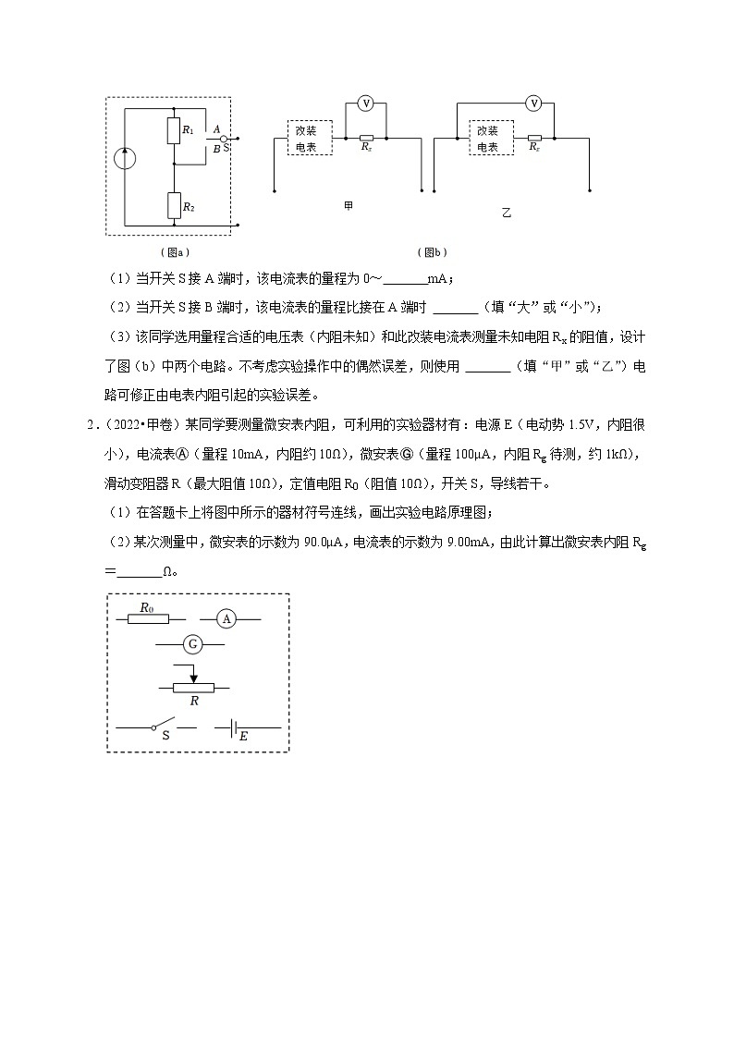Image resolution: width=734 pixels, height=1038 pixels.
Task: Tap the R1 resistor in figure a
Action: tap(173, 130)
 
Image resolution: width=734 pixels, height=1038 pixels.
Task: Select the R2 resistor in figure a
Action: tap(173, 205)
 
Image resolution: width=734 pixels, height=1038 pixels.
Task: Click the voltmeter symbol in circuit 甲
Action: tap(365, 104)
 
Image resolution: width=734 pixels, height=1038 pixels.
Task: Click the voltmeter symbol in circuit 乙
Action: tap(533, 104)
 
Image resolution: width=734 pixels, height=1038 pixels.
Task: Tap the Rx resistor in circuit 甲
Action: tap(366, 138)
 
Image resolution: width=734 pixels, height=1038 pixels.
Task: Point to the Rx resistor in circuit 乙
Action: tap(534, 138)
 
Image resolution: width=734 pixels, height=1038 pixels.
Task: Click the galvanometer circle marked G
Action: tap(192, 643)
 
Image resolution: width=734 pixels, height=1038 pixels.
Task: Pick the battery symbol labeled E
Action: tap(227, 727)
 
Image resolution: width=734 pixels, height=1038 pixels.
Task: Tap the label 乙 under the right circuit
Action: tap(506, 213)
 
